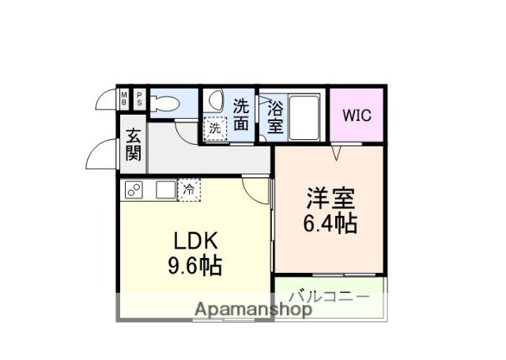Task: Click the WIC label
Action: (357, 114)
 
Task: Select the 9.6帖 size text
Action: (194, 265)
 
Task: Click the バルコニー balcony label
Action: (329, 297)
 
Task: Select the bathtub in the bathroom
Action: (304, 116)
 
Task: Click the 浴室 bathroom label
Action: (275, 116)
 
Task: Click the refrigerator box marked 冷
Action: (190, 189)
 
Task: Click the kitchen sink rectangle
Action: (164, 190)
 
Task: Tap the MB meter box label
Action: (124, 99)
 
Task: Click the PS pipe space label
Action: (139, 99)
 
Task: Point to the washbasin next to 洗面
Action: (217, 104)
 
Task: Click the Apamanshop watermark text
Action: (253, 309)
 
